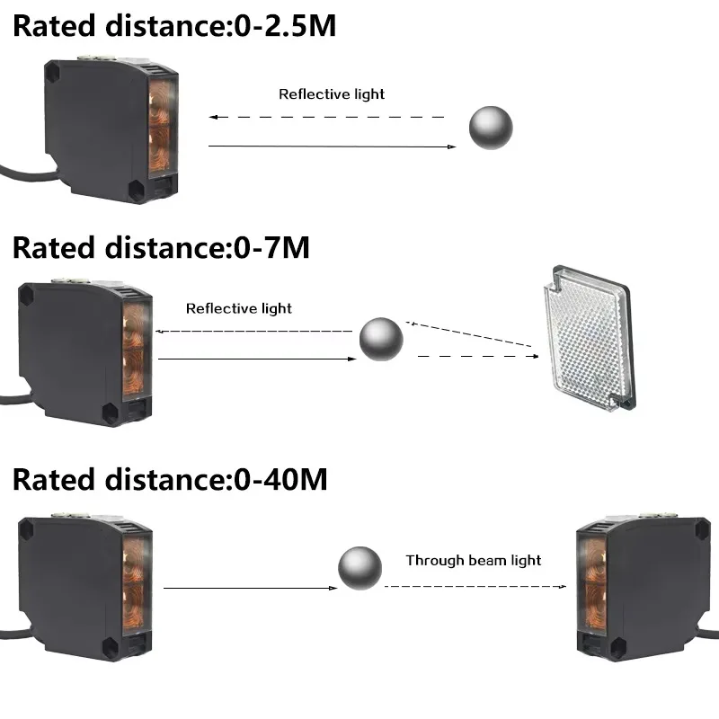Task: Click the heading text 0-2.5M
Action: point(285,26)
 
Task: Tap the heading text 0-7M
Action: point(272,248)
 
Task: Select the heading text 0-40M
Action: point(280,480)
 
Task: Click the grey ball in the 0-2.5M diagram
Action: point(491,128)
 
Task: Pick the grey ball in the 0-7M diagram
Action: point(381,340)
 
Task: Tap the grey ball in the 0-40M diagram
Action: point(360,568)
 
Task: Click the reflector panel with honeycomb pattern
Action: point(590,338)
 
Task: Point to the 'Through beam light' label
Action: point(474,560)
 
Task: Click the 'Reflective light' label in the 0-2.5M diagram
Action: point(332,94)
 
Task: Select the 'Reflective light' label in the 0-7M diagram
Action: point(239,308)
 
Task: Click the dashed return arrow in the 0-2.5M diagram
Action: point(326,117)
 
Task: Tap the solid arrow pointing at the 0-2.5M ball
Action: point(333,146)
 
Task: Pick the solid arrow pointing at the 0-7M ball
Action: point(257,359)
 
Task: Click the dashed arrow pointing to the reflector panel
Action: point(478,356)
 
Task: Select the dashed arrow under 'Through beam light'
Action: point(475,586)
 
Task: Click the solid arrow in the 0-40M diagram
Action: point(251,588)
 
